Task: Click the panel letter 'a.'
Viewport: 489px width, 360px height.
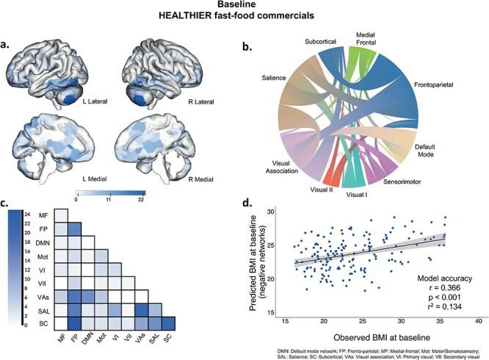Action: [x=11, y=44]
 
